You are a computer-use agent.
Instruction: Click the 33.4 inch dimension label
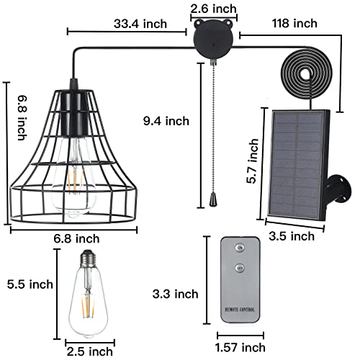(140, 24)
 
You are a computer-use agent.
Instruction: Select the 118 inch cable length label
(294, 23)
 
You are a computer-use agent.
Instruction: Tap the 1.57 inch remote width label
(240, 348)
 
